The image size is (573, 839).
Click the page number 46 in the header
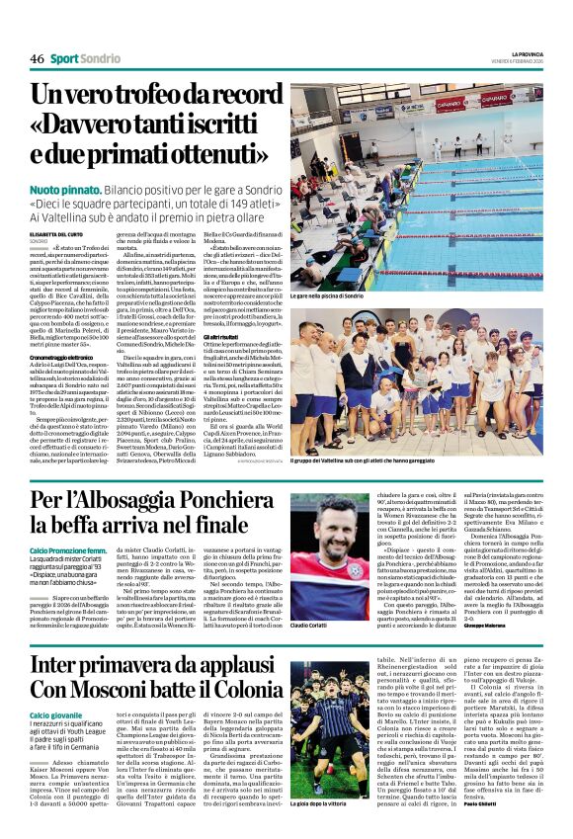(37, 59)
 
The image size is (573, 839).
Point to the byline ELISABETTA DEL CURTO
(54, 233)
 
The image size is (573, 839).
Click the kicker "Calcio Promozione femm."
(67, 548)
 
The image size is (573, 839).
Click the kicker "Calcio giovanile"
(54, 714)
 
